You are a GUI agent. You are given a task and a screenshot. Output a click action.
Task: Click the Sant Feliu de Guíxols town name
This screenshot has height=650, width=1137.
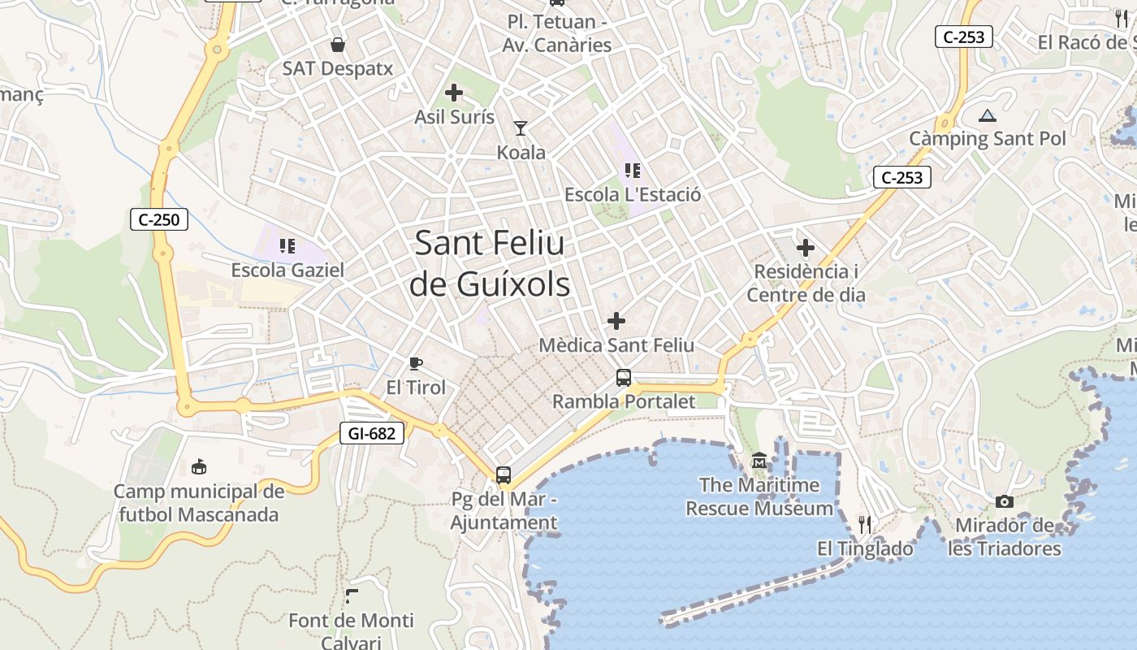tap(490, 264)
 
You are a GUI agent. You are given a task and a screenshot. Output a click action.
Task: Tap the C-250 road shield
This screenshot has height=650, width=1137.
tap(159, 219)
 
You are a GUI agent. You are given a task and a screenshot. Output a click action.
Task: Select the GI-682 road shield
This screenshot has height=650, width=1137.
tap(371, 433)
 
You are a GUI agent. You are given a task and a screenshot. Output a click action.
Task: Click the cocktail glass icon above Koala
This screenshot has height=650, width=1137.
tap(521, 128)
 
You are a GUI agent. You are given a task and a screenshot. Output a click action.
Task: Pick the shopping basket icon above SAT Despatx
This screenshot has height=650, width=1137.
tap(337, 44)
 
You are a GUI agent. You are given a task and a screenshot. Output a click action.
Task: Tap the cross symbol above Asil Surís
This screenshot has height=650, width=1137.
tap(454, 93)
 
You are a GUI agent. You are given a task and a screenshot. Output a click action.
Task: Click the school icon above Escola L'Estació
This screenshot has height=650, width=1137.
tap(633, 171)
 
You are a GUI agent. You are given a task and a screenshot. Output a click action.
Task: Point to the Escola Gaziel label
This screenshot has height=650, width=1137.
tap(287, 270)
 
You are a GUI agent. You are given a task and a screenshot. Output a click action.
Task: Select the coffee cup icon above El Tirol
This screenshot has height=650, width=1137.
tap(416, 363)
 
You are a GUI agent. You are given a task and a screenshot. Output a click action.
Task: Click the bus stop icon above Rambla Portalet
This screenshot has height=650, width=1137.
tap(624, 377)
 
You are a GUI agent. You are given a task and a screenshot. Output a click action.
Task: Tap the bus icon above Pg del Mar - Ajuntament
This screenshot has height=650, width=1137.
tap(504, 474)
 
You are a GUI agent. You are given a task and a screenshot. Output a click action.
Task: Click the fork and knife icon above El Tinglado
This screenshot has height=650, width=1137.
tap(865, 525)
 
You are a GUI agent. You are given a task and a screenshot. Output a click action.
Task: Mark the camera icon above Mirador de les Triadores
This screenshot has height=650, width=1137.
tap(1005, 501)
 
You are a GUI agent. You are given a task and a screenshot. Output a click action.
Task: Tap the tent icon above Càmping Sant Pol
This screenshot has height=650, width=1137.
tap(987, 115)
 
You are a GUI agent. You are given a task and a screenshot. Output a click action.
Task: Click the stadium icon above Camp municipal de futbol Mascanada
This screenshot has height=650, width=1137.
tap(199, 466)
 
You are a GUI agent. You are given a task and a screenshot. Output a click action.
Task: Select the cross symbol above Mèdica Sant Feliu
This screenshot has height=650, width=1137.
tap(616, 321)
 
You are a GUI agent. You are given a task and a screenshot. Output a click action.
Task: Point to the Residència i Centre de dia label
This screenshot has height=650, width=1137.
tap(806, 283)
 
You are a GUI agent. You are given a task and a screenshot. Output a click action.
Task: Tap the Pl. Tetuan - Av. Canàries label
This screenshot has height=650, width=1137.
tap(556, 33)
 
